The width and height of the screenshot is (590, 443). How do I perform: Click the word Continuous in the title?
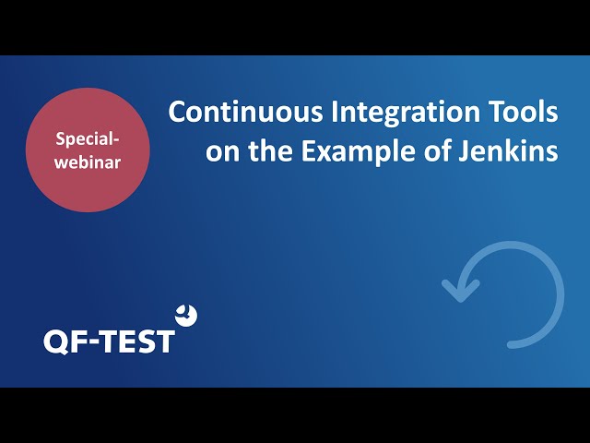pyautogui.click(x=246, y=112)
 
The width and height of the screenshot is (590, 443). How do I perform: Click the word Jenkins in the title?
pyautogui.click(x=508, y=151)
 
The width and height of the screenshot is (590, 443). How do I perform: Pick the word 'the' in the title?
pyautogui.click(x=270, y=150)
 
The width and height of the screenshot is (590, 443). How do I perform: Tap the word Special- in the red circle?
pyautogui.click(x=88, y=139)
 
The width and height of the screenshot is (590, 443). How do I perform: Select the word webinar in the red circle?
pyautogui.click(x=88, y=162)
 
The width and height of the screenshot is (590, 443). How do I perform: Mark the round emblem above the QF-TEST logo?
pyautogui.click(x=186, y=316)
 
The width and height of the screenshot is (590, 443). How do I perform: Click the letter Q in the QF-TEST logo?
pyautogui.click(x=56, y=342)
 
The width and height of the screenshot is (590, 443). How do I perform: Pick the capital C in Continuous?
pyautogui.click(x=178, y=112)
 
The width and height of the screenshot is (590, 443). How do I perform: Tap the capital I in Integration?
pyautogui.click(x=334, y=112)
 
